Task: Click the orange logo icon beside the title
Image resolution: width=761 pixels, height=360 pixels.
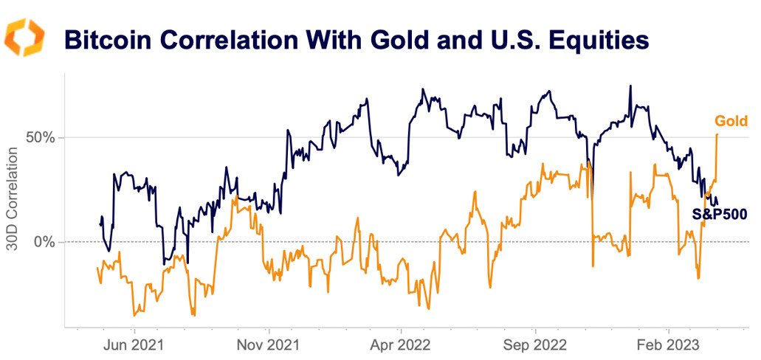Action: [x=25, y=38]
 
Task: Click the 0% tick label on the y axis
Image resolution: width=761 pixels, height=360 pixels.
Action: [x=46, y=242]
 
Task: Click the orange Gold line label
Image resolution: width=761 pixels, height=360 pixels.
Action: [x=731, y=121]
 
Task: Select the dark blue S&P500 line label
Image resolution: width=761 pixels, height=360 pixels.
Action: [x=720, y=215]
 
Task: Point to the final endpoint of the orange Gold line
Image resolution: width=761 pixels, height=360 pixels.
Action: [x=717, y=134]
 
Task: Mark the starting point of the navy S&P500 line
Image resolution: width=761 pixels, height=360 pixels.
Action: [x=100, y=224]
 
